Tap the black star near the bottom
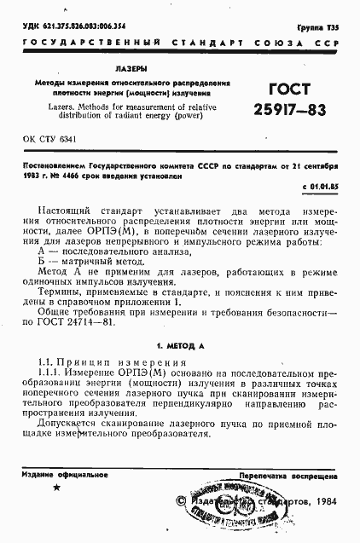point(57,488)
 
